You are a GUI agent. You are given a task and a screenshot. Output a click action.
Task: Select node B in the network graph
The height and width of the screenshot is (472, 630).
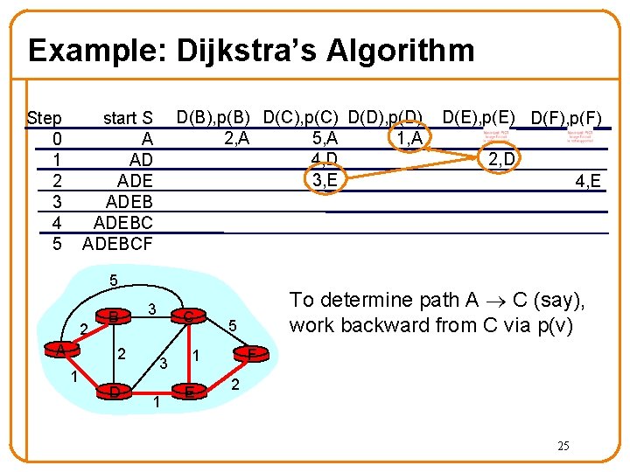(114, 316)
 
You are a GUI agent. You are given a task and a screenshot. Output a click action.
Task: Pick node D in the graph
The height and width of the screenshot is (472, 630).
(115, 390)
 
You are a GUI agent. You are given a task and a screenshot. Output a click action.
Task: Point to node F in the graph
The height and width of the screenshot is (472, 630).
(251, 354)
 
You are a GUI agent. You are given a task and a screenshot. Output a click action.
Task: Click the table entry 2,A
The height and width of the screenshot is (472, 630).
(241, 137)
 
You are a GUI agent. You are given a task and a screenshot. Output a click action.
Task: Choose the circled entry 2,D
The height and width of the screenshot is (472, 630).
(505, 158)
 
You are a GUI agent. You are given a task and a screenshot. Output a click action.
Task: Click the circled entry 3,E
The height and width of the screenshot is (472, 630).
(325, 181)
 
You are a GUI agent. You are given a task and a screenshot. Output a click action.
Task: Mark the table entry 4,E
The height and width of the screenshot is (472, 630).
(586, 181)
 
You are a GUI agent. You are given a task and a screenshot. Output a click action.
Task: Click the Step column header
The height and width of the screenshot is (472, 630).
(44, 118)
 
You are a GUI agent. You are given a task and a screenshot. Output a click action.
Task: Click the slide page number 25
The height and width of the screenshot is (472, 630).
(563, 446)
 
